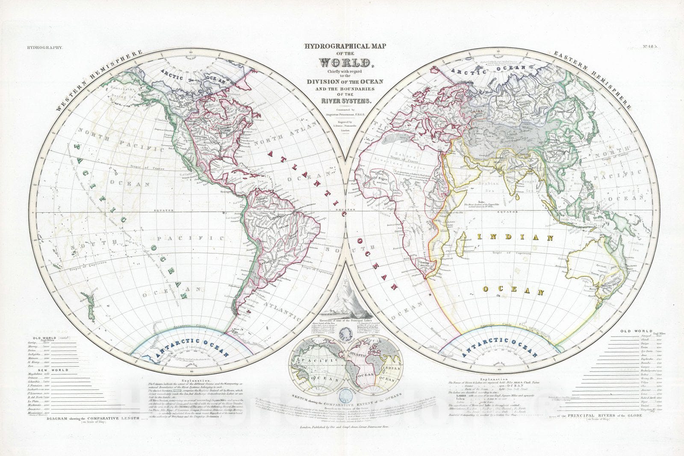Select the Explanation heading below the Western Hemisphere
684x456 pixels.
195,380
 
